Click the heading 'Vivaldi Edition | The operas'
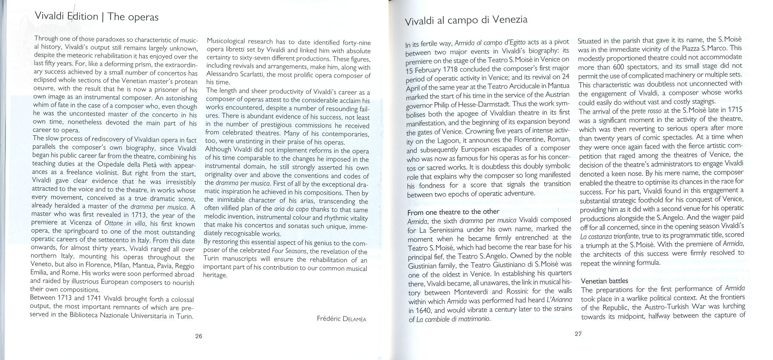click(x=97, y=17)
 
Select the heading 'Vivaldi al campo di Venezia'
click(x=466, y=20)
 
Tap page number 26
click(x=199, y=337)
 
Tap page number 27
click(x=578, y=334)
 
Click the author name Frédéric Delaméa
click(x=342, y=319)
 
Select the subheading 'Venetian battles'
click(x=604, y=280)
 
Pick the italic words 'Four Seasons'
click(x=289, y=251)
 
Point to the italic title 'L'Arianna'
click(x=559, y=300)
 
